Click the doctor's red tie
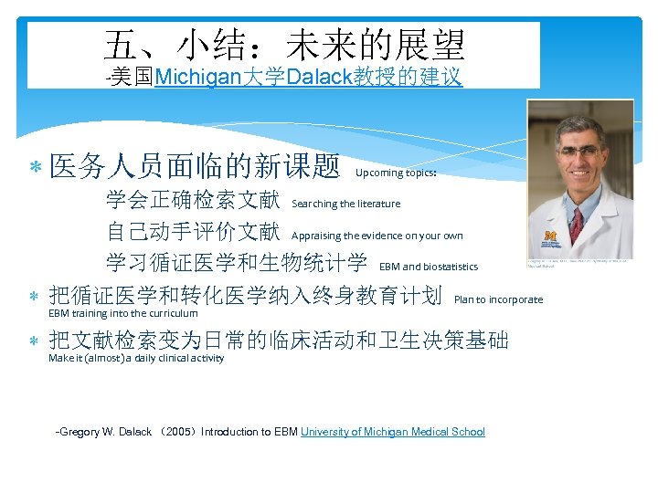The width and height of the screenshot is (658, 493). click(577, 224)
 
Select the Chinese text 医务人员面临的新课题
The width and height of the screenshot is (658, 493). click(196, 166)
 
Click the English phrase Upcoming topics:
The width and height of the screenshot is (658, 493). click(396, 173)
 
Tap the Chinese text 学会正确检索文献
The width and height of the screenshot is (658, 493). click(193, 199)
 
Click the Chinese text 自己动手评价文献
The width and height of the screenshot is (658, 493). click(193, 231)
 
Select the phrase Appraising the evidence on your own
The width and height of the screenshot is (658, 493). click(377, 236)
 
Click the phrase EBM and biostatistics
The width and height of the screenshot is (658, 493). click(428, 267)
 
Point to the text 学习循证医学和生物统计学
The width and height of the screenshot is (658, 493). click(237, 262)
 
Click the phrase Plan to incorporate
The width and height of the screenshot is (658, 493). click(498, 299)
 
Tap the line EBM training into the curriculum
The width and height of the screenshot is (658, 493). click(122, 313)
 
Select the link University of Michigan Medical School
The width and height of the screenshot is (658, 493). click(393, 432)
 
